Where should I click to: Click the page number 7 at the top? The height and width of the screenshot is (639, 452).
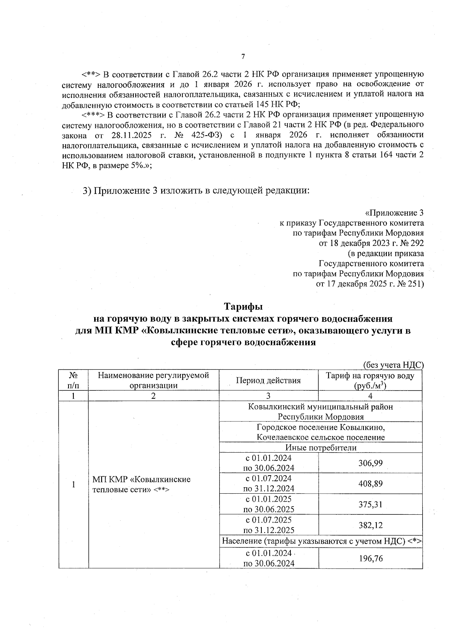click(x=243, y=56)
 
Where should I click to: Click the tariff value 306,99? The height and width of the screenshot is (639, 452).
click(x=370, y=463)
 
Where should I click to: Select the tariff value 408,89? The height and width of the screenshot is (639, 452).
click(x=370, y=483)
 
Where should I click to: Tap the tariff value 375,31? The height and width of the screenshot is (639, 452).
click(x=370, y=504)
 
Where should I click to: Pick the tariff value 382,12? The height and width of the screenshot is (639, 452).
click(x=370, y=525)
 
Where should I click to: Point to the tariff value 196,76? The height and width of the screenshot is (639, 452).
click(x=370, y=558)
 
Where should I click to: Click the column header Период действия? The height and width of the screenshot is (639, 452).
click(x=268, y=380)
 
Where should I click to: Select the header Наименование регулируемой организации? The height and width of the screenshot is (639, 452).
click(x=153, y=380)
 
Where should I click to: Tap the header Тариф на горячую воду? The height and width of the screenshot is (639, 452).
click(x=370, y=376)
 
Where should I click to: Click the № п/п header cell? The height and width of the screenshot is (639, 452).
click(x=73, y=380)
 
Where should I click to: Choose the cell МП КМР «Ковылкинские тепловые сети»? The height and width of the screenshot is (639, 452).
click(x=141, y=484)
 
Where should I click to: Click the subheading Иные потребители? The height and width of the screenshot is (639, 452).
click(x=321, y=448)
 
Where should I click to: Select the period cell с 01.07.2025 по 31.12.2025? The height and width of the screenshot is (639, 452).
click(x=268, y=525)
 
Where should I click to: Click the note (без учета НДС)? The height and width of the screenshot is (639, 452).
click(x=393, y=365)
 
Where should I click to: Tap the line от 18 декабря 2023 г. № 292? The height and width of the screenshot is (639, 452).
click(x=371, y=243)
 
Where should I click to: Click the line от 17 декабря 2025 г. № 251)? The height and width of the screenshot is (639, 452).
click(x=370, y=284)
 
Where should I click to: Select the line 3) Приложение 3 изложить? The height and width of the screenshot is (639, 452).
click(x=196, y=191)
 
